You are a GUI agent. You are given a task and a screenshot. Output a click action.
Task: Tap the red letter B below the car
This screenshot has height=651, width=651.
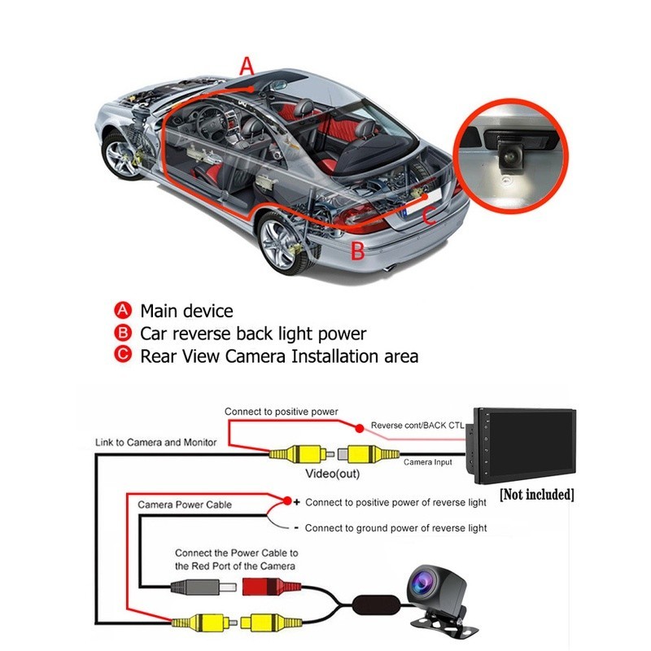[x=357, y=251]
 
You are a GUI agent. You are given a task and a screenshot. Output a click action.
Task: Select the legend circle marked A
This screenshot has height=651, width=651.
[x=123, y=311]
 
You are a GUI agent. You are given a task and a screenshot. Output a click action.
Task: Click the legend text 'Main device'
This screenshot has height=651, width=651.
[x=186, y=311]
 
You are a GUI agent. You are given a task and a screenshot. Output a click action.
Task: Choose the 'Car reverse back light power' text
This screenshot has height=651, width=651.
[x=253, y=334]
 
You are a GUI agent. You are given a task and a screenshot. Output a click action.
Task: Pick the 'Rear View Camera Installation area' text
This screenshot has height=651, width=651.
[x=279, y=356]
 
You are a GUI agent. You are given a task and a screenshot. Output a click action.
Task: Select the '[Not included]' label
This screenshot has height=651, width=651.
[x=537, y=495]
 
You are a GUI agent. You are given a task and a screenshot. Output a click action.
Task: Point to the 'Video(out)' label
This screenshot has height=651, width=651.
[x=332, y=473]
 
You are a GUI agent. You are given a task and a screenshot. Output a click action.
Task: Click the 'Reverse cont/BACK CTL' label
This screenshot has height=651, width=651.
[x=417, y=426]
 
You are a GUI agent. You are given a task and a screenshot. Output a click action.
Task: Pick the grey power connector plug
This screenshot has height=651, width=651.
[x=196, y=586]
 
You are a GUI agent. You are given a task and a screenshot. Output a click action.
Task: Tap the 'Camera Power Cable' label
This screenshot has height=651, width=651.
[x=184, y=505]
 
